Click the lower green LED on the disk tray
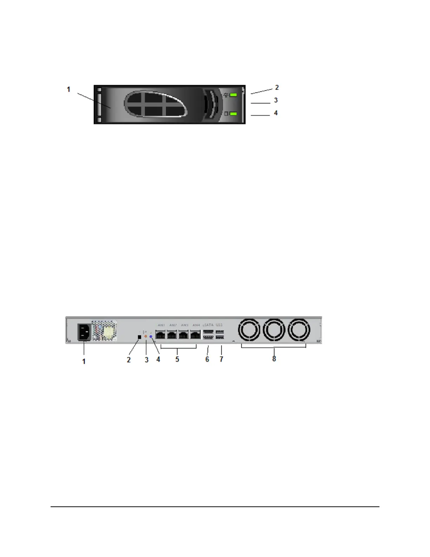coord(233,114)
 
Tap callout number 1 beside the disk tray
coord(69,90)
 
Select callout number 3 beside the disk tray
coord(276,100)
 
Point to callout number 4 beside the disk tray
coord(276,113)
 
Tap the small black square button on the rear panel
coord(139,337)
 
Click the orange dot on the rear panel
coord(145,336)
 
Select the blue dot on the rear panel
coord(151,337)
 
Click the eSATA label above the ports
coord(208,325)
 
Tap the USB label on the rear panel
coord(220,325)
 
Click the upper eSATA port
coord(208,332)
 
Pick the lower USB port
coord(220,338)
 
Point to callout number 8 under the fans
coord(274,359)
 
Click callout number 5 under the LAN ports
coord(177,359)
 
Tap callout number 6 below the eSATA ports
coord(207,359)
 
